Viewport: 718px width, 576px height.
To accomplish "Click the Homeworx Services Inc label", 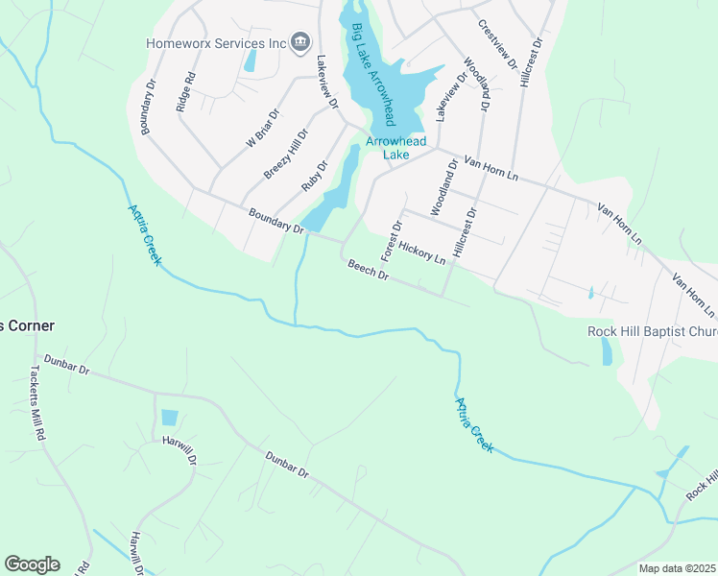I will click(217, 43).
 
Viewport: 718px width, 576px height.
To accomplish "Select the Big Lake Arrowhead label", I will click(374, 75).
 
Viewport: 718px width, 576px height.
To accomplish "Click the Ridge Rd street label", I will click(186, 93).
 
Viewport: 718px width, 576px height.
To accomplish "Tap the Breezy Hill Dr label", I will click(286, 155).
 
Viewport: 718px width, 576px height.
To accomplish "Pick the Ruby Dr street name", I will click(314, 174).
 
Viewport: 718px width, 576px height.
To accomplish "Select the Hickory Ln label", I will click(422, 252).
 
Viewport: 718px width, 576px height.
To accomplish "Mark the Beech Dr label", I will click(369, 271).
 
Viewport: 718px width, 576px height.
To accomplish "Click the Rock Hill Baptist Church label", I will click(652, 332).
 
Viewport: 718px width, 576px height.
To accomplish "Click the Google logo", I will click(32, 564).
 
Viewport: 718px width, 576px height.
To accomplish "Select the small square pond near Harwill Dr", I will click(170, 418).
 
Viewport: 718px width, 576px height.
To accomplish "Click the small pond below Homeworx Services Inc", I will click(251, 61).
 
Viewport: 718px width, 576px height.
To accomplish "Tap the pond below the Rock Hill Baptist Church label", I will click(607, 352).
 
